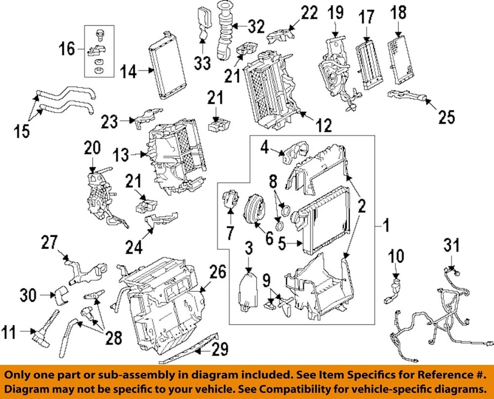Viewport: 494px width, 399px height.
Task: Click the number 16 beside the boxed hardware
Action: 67,49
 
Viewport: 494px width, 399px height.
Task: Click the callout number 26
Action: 218,272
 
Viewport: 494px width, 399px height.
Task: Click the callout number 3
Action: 249,250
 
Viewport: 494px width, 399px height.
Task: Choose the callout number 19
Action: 336,12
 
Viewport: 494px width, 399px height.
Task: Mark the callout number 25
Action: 447,117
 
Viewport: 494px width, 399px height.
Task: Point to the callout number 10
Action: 396,256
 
